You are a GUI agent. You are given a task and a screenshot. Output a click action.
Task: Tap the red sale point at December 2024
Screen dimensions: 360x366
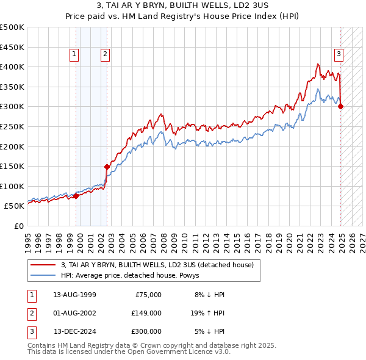(340, 106)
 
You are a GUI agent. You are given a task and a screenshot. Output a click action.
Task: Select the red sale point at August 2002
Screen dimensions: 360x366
(107, 166)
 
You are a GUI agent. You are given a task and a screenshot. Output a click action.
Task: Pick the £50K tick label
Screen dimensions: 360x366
(15, 206)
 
